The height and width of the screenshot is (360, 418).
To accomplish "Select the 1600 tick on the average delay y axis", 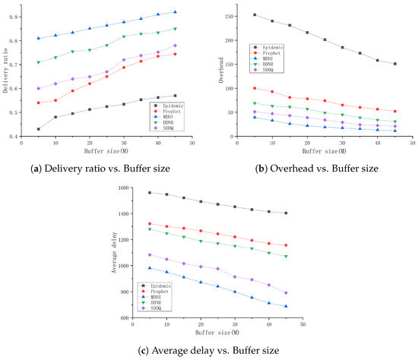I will pyautogui.click(x=119, y=187).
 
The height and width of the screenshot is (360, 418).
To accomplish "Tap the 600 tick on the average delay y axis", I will pyautogui.click(x=121, y=317).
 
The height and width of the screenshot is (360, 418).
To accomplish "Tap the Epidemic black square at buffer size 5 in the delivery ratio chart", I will pyautogui.click(x=39, y=129).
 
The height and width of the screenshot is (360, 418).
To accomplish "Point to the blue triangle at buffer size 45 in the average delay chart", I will pyautogui.click(x=286, y=306).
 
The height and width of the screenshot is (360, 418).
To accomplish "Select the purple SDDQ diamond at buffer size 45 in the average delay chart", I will pyautogui.click(x=286, y=292).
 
